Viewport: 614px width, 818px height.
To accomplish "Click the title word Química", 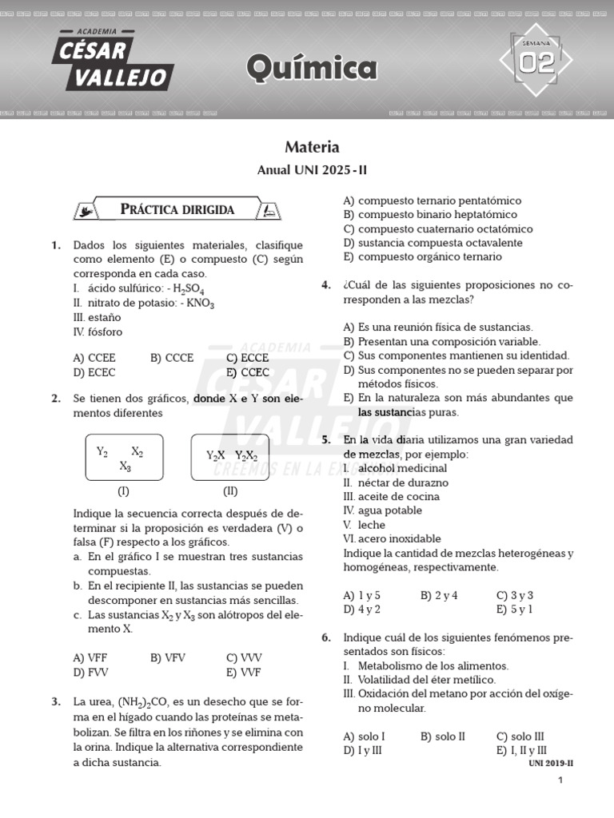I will coord(312,69).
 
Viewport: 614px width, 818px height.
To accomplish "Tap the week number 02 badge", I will coord(536,62).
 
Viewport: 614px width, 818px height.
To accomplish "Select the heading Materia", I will coord(312,147).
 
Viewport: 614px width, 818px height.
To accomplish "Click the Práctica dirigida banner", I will coord(177,209).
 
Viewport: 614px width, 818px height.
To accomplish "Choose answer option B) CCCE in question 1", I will coord(172,358).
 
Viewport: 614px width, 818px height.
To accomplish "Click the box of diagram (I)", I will coord(124,459).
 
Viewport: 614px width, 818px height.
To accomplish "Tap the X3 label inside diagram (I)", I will coord(125,467).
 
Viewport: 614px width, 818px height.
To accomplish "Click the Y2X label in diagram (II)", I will coord(215,455).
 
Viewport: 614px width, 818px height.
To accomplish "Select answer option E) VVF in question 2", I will coord(243,672).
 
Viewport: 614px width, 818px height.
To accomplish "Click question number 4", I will coord(326,285).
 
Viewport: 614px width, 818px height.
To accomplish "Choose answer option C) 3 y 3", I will coord(515,595).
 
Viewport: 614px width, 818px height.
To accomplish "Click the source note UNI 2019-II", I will coord(551,763).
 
